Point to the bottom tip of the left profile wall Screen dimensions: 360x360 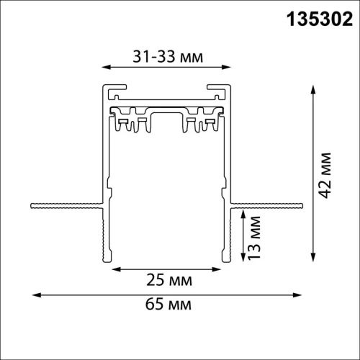click(110, 261)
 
